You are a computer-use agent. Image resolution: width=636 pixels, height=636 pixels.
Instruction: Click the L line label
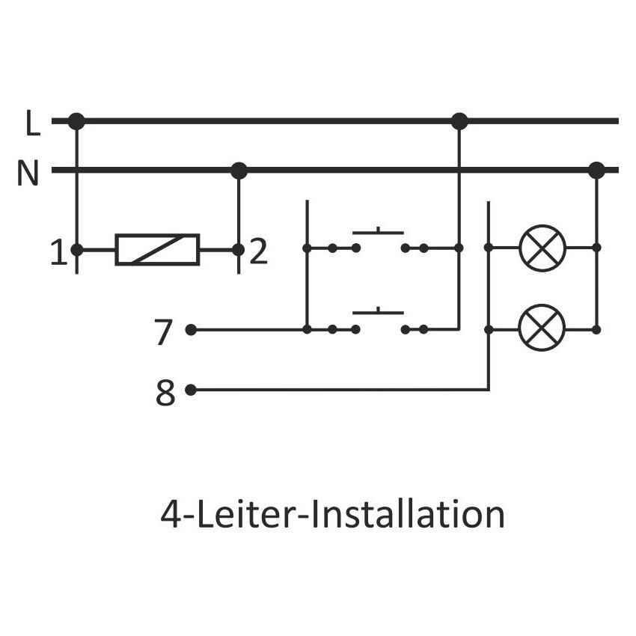31,123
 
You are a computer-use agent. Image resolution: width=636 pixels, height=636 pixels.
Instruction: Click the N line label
28,174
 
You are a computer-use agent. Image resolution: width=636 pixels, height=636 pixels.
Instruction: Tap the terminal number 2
258,252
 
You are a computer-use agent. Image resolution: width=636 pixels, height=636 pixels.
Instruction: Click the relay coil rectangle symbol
157,249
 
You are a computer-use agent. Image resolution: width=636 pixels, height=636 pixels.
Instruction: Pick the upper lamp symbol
542,247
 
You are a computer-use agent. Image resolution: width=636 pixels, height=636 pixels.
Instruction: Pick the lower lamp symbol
542,329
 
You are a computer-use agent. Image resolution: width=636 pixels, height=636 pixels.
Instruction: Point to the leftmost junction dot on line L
76,121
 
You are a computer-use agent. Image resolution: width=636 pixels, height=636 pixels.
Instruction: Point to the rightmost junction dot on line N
596,171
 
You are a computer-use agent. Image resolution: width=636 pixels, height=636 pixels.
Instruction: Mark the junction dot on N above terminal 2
239,171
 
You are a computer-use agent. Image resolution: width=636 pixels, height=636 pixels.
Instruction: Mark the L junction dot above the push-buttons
459,121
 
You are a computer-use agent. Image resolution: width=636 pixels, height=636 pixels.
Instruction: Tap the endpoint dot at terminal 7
191,329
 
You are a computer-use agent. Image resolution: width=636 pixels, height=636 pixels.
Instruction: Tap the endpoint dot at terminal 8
191,390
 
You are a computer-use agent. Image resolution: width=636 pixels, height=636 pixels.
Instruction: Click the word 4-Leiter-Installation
332,516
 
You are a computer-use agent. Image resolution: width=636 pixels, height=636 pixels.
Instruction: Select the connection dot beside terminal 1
76,249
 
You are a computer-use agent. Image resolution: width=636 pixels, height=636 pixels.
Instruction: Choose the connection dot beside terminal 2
238,249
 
